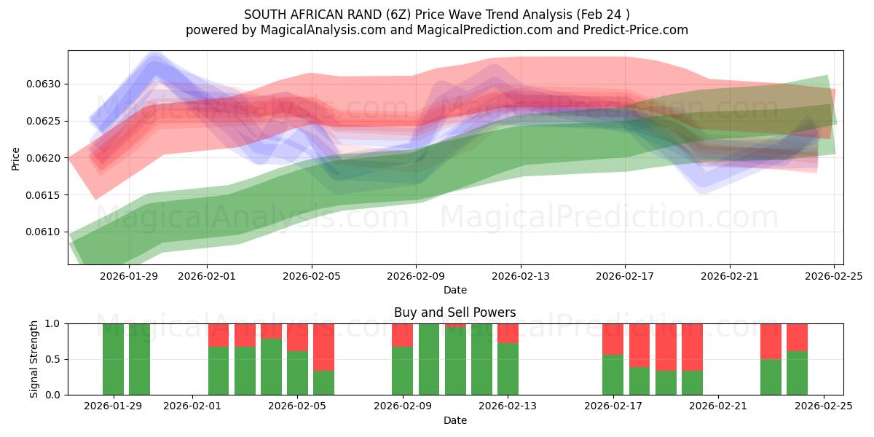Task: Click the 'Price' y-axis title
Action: (16, 158)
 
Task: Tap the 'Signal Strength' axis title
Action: (34, 359)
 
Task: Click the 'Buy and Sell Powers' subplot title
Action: (454, 312)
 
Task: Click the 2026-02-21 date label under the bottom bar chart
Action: (718, 406)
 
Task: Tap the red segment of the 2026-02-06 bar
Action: (323, 347)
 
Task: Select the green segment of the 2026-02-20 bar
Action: (692, 382)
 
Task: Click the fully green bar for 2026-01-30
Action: (139, 359)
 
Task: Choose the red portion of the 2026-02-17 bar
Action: (613, 339)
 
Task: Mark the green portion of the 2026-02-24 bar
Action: (797, 373)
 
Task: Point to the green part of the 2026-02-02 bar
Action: (219, 371)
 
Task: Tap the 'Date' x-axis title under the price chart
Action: (454, 290)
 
